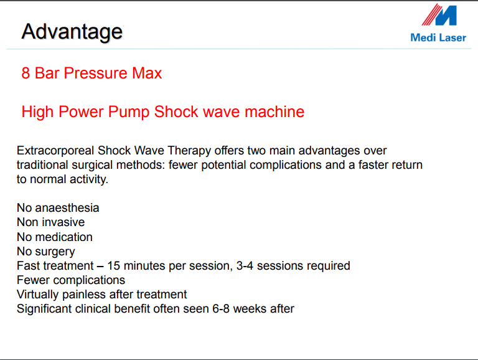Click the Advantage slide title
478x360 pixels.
[x=72, y=32]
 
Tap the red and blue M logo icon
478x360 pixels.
[x=439, y=15]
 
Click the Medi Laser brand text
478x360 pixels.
[x=438, y=37]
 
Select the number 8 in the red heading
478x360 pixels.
[x=26, y=73]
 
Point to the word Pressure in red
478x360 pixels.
[x=95, y=73]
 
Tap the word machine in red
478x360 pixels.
[x=274, y=111]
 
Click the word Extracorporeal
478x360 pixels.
[x=55, y=151]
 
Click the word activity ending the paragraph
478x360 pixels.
[x=89, y=179]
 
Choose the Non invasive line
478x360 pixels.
[x=50, y=222]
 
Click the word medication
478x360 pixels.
[x=63, y=237]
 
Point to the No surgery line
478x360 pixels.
[x=45, y=252]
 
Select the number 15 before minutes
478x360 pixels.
[x=114, y=266]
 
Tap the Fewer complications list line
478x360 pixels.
[x=71, y=280]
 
